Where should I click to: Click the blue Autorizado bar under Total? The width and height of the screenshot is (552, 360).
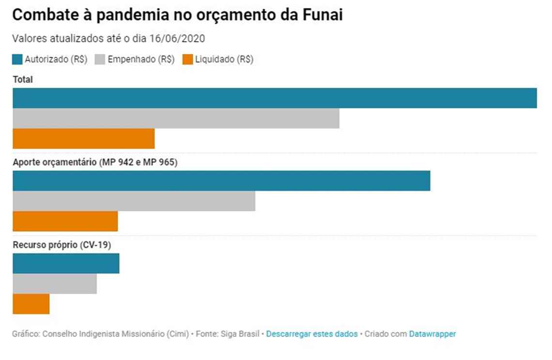[x=275, y=98]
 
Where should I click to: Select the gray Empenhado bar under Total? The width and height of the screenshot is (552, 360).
[x=176, y=118]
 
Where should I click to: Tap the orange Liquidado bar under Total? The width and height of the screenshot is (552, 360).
[x=83, y=139]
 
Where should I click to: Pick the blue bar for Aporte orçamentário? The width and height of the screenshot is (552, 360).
[x=221, y=181]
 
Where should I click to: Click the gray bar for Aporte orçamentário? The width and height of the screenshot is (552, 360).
[x=134, y=201]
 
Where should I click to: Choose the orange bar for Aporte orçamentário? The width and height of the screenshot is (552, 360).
[x=65, y=221]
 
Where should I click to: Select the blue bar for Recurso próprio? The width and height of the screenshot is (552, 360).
[x=66, y=264]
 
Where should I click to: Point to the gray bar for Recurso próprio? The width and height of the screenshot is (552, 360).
[x=55, y=284]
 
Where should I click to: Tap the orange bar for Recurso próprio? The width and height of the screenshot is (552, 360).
[x=31, y=304]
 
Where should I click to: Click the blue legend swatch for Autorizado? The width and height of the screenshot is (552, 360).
[x=17, y=60]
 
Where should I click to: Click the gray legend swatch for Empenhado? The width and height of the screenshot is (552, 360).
[x=100, y=60]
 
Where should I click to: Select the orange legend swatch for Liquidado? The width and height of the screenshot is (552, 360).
[x=187, y=60]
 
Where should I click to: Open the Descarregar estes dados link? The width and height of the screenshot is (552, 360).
[x=312, y=334]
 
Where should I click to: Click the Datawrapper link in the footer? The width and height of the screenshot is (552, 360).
[x=432, y=334]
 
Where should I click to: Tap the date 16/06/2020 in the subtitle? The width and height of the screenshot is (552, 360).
[x=180, y=39]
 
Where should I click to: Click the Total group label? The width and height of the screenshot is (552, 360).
[x=23, y=79]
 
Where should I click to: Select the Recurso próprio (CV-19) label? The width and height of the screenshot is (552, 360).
[x=62, y=245]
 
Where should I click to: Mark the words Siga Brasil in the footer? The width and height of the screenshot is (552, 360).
[x=240, y=334]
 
